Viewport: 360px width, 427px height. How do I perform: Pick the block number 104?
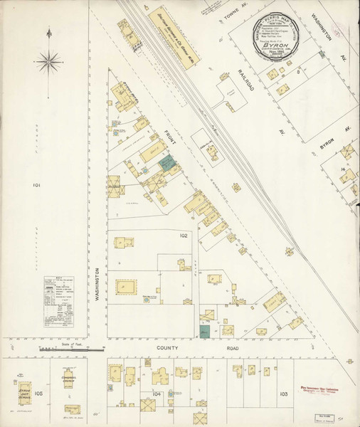point(157,394)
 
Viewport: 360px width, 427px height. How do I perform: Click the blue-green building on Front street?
point(166,163)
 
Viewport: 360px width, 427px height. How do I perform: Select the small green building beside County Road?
point(205,331)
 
